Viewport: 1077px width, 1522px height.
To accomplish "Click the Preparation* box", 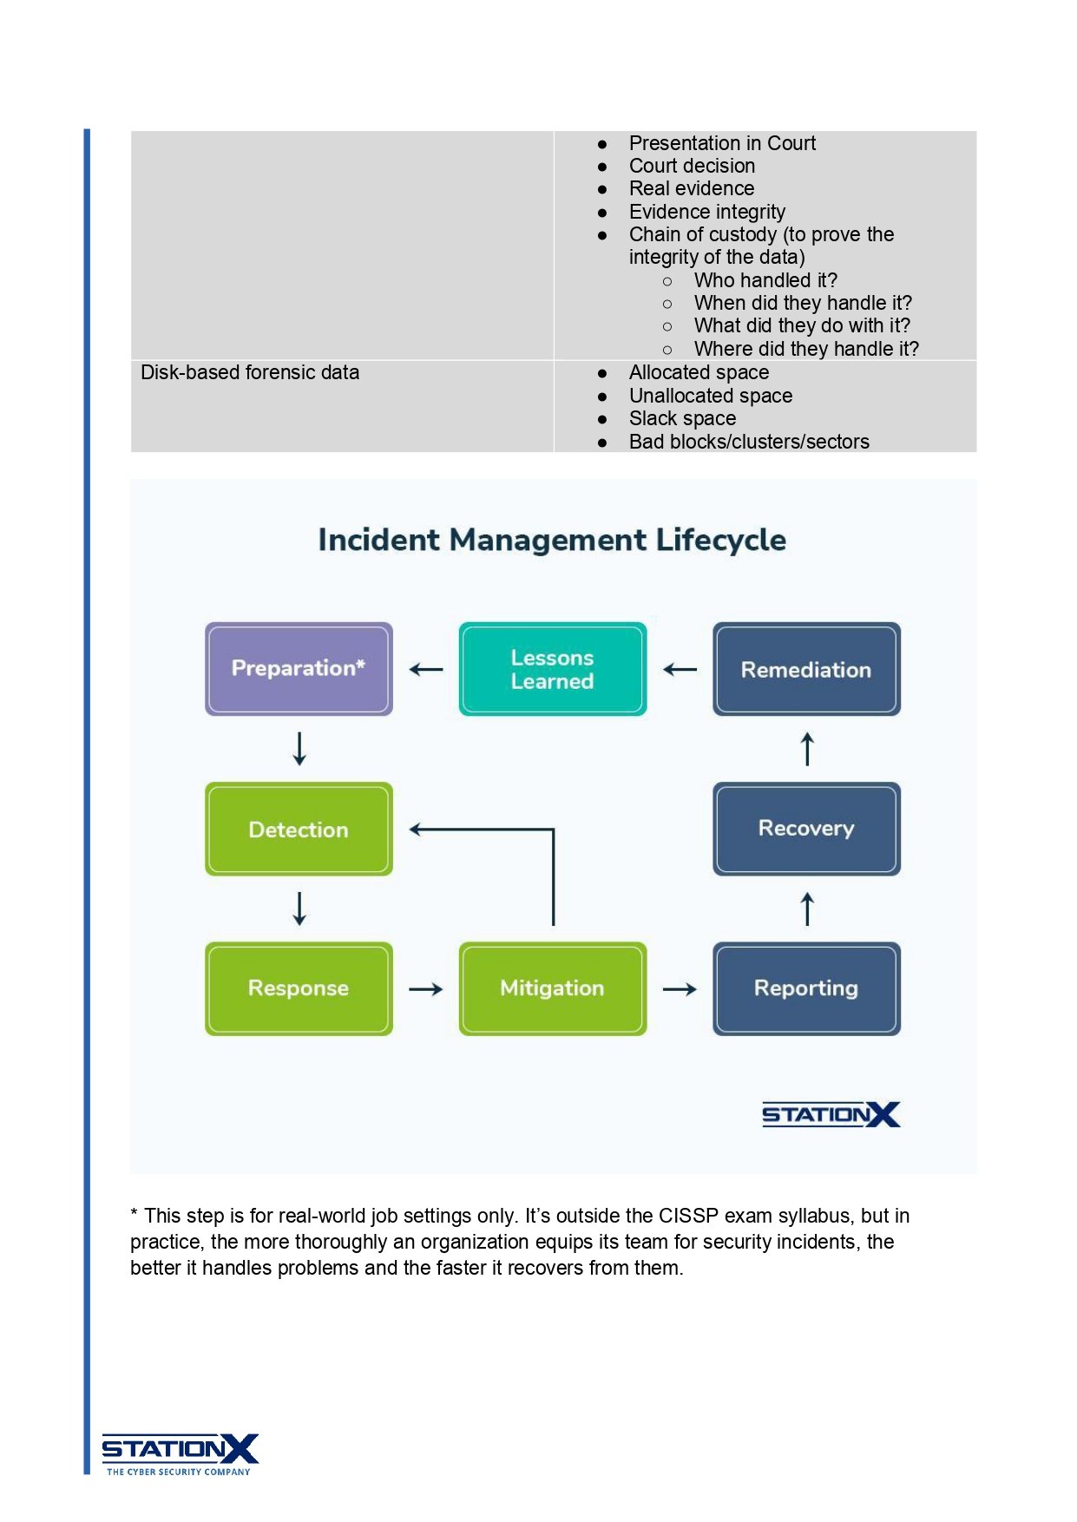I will click(299, 668).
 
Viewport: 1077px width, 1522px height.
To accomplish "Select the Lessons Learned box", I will click(552, 669).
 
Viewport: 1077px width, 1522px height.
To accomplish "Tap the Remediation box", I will click(806, 669).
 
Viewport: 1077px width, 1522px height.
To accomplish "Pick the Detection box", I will click(299, 829).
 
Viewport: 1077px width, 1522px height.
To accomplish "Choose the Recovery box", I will click(806, 829).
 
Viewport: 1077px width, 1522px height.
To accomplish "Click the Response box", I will click(299, 988).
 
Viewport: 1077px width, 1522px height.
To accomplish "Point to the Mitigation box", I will click(552, 988).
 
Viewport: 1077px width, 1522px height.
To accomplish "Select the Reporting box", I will click(806, 988).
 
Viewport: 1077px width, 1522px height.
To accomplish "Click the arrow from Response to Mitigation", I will click(426, 989).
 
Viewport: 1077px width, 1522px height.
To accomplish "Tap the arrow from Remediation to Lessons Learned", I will click(680, 670).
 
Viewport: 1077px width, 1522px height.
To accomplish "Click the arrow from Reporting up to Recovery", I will click(807, 909).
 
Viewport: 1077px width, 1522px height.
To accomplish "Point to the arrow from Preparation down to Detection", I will click(299, 748).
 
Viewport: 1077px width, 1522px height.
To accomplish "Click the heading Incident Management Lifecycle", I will click(552, 540).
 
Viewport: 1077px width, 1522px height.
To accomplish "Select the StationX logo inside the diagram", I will click(831, 1114).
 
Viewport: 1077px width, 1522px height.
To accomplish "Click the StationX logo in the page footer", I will click(180, 1453).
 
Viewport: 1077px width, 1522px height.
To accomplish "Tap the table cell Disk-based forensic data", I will click(250, 372).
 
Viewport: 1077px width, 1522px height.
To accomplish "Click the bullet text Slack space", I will click(682, 418).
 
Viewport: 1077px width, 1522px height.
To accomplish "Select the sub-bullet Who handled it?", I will click(765, 280).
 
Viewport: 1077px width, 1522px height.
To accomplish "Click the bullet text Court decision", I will click(692, 166).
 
